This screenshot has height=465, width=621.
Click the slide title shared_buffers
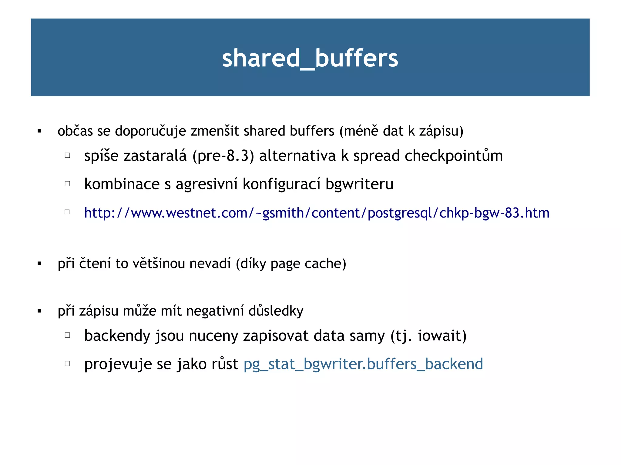(310, 58)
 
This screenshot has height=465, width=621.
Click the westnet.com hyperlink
(317, 213)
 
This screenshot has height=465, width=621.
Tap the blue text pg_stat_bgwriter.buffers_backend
(363, 364)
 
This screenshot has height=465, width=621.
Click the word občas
(75, 131)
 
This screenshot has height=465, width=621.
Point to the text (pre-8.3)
(223, 156)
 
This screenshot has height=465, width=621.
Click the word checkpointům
(454, 156)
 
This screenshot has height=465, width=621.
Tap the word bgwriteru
(359, 184)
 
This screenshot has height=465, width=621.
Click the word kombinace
(122, 184)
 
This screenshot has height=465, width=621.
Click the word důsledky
(276, 311)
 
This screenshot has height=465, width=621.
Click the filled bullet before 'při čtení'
(39, 264)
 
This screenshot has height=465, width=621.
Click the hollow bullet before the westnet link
(67, 212)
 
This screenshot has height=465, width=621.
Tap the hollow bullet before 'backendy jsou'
(67, 335)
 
